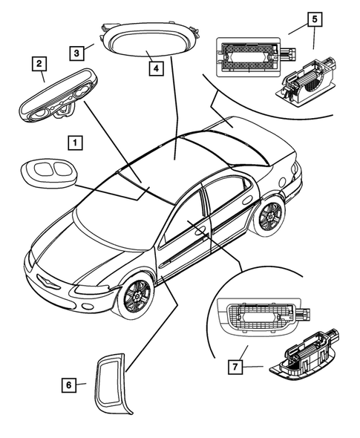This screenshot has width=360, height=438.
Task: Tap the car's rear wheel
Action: [x=268, y=216]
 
